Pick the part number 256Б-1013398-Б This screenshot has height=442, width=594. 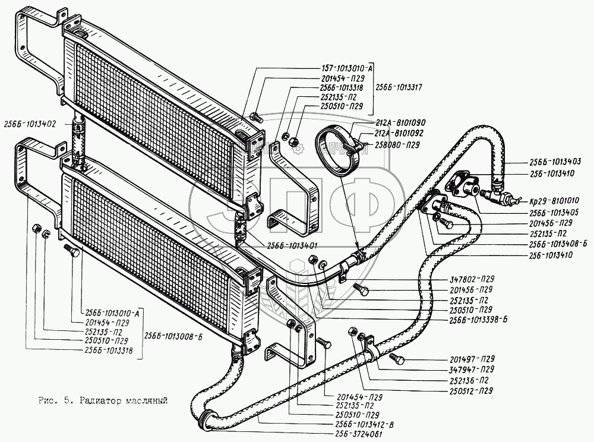click(x=476, y=319)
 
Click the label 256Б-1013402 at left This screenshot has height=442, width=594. click(x=29, y=124)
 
